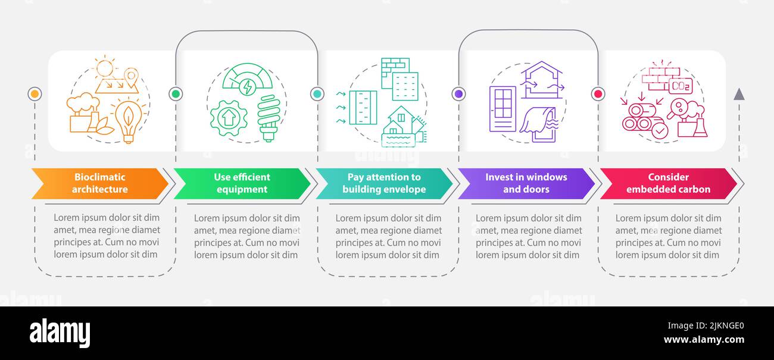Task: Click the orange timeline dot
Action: click(x=35, y=93)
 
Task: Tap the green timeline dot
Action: click(x=176, y=93)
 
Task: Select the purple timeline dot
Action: click(x=458, y=93)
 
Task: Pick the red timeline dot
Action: click(x=598, y=93)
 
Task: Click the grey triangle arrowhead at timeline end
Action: click(x=739, y=95)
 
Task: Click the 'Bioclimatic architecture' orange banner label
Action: click(x=100, y=183)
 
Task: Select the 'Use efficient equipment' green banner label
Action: click(x=242, y=183)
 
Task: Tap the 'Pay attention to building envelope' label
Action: click(x=384, y=183)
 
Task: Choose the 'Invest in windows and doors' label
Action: click(x=526, y=183)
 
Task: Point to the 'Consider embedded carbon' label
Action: click(x=668, y=183)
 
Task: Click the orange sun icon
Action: click(x=105, y=67)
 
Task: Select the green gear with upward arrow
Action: click(x=229, y=118)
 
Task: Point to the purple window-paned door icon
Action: click(x=503, y=109)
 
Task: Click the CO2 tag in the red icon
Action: click(x=681, y=86)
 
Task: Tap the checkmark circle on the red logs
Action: click(x=660, y=132)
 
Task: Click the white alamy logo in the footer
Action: click(x=60, y=333)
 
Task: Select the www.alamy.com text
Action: click(x=704, y=340)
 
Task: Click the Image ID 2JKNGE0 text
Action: click(x=706, y=325)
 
